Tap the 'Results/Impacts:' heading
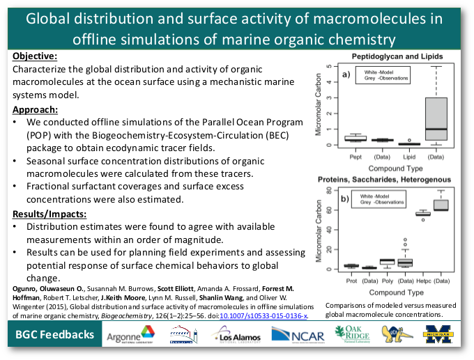coord(49,214)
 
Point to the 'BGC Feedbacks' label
coord(55,335)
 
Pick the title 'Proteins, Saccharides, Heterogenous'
coord(384,180)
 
